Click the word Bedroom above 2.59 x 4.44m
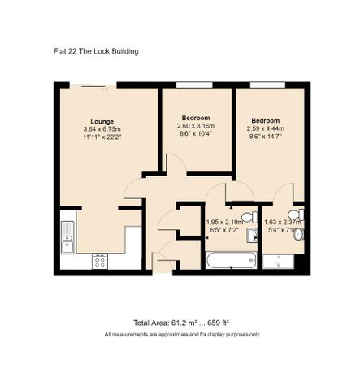click(x=264, y=119)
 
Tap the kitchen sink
click(x=67, y=234)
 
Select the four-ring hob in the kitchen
click(x=101, y=260)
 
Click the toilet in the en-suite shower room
click(x=299, y=235)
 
